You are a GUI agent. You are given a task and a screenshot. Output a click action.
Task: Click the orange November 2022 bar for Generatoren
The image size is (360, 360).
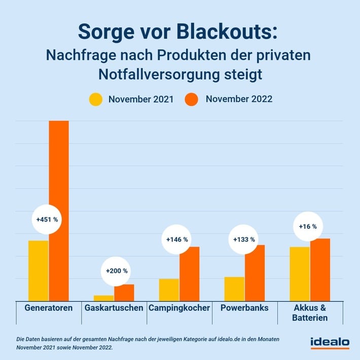tap(58, 210)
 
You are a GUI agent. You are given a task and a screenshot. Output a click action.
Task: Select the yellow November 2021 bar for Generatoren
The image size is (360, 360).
tap(39, 270)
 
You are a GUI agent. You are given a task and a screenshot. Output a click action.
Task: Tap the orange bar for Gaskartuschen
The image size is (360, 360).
tap(124, 293)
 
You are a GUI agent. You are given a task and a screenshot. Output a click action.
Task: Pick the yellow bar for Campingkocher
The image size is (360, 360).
tap(169, 290)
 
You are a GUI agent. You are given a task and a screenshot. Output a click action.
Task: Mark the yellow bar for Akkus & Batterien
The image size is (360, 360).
tap(300, 274)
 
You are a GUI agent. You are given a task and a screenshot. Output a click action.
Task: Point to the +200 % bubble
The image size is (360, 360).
tap(117, 271)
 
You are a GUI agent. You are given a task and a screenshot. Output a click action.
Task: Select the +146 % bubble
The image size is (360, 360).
tap(177, 239)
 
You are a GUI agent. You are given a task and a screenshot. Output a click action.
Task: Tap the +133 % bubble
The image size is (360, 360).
tap(243, 239)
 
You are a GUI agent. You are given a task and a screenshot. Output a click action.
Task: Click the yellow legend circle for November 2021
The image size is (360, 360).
tap(96, 99)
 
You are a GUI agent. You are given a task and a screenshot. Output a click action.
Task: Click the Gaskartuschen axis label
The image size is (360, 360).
tap(114, 308)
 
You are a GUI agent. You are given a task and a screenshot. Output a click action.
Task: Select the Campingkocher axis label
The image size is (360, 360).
tap(179, 308)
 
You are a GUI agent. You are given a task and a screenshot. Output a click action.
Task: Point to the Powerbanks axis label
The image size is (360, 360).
tap(244, 308)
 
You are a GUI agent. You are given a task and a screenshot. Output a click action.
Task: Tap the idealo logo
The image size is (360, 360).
tap(330, 343)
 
